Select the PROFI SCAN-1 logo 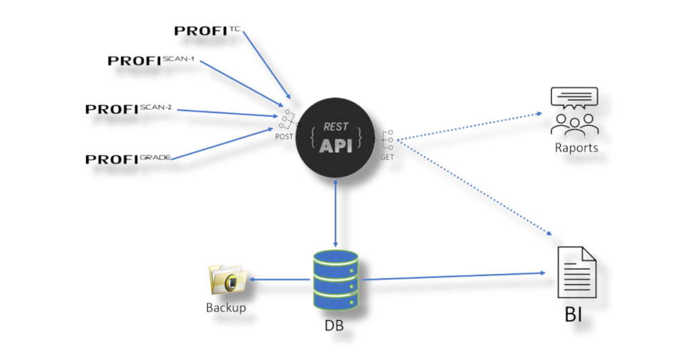151,61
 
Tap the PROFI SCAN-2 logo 129,109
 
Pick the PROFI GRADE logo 128,159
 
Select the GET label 387,156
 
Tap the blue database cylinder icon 336,279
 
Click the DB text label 335,325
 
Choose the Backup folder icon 226,279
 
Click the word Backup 225,308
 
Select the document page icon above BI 577,273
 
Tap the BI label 576,315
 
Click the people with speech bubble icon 574,111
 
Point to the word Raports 576,147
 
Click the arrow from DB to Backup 280,279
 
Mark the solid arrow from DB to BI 451,275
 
